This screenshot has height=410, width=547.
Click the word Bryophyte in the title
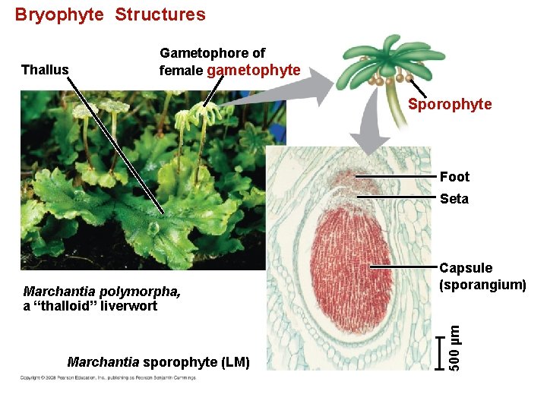[59, 14]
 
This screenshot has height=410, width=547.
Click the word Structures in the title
[160, 14]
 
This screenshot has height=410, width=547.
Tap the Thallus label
[45, 71]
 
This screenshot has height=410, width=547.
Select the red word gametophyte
[253, 71]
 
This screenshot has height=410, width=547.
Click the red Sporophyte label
[450, 104]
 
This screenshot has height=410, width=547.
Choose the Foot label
[454, 177]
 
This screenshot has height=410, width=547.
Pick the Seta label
[454, 199]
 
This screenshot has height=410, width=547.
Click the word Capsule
[466, 268]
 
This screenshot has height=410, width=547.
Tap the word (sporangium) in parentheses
[482, 285]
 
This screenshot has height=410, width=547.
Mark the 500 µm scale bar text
[454, 347]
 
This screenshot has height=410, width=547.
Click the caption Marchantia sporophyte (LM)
[158, 362]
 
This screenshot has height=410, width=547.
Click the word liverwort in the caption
[132, 306]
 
